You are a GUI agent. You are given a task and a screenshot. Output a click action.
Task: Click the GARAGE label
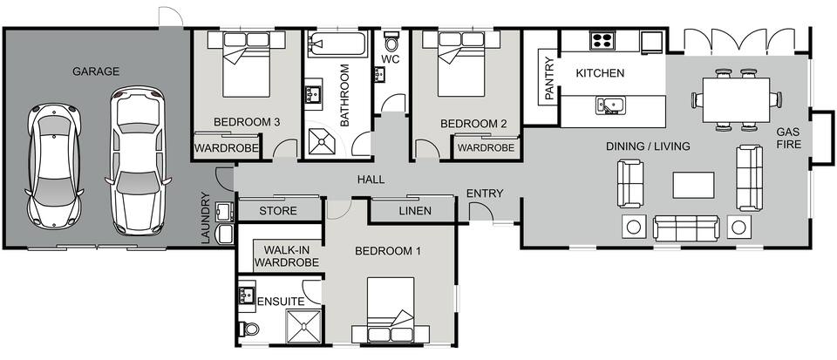[96, 71]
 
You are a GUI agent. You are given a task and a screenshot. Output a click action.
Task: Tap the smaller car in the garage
[54, 166]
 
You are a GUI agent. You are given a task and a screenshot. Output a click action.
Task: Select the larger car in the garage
[138, 160]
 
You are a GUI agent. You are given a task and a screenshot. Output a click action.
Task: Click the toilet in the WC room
[391, 41]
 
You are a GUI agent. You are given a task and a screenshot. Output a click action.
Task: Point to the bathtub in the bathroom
[337, 44]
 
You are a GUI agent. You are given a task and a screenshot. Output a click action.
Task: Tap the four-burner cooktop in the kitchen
[602, 40]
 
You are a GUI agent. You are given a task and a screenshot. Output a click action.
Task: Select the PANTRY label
[549, 78]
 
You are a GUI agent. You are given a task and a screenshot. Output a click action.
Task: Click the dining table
[737, 99]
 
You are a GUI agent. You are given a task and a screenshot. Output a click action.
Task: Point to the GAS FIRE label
[789, 138]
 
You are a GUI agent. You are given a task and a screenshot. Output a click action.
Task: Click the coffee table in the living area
[693, 185]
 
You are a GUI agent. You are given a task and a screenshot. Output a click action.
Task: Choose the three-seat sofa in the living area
[686, 228]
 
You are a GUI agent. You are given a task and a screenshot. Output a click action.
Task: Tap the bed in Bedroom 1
[391, 309]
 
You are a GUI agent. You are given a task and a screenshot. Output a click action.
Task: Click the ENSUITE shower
[304, 325]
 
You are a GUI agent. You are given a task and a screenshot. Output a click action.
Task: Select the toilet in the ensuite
[248, 329]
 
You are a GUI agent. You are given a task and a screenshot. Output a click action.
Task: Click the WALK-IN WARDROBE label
[287, 256]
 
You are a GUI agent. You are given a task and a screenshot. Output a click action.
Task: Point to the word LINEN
[415, 211]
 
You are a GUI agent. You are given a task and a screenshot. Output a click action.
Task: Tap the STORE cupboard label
[278, 211]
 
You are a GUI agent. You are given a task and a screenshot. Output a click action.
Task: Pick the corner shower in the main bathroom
[323, 141]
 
